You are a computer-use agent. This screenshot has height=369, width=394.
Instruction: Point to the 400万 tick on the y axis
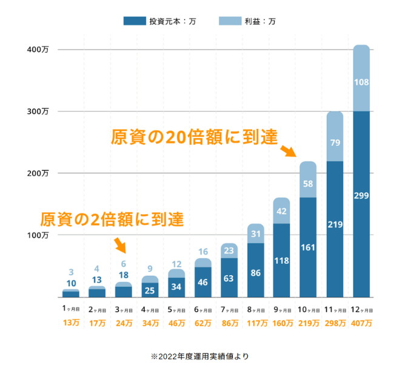tap(38, 49)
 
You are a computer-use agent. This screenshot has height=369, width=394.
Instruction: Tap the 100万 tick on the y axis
tap(38, 235)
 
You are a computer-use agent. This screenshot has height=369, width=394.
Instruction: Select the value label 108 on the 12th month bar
tap(361, 82)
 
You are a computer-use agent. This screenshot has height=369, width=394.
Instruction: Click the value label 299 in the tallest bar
tap(361, 195)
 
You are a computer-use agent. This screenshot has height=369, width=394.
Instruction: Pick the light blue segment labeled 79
tap(335, 143)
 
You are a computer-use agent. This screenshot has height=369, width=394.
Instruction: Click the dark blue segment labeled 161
tap(308, 247)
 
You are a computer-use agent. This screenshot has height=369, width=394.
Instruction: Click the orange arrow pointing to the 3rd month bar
tap(121, 246)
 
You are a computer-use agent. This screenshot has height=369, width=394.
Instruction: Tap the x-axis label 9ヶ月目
tap(282, 309)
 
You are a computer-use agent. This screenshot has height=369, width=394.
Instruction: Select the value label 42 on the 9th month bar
tap(282, 211)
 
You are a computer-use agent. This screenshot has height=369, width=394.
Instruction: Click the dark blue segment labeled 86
tap(256, 273)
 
